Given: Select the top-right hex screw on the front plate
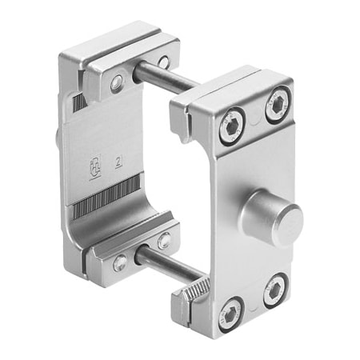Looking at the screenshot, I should coord(278,105).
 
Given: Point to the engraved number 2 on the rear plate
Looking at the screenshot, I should coord(119,162).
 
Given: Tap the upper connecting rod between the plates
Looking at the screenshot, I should coord(164,77).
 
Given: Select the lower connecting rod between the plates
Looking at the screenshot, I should coord(164,260).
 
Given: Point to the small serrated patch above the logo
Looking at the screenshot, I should coord(78,102).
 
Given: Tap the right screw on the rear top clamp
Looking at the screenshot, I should coord(163,62).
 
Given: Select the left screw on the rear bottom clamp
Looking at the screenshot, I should coord(119,262).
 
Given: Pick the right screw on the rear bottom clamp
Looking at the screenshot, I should coord(164,240).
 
